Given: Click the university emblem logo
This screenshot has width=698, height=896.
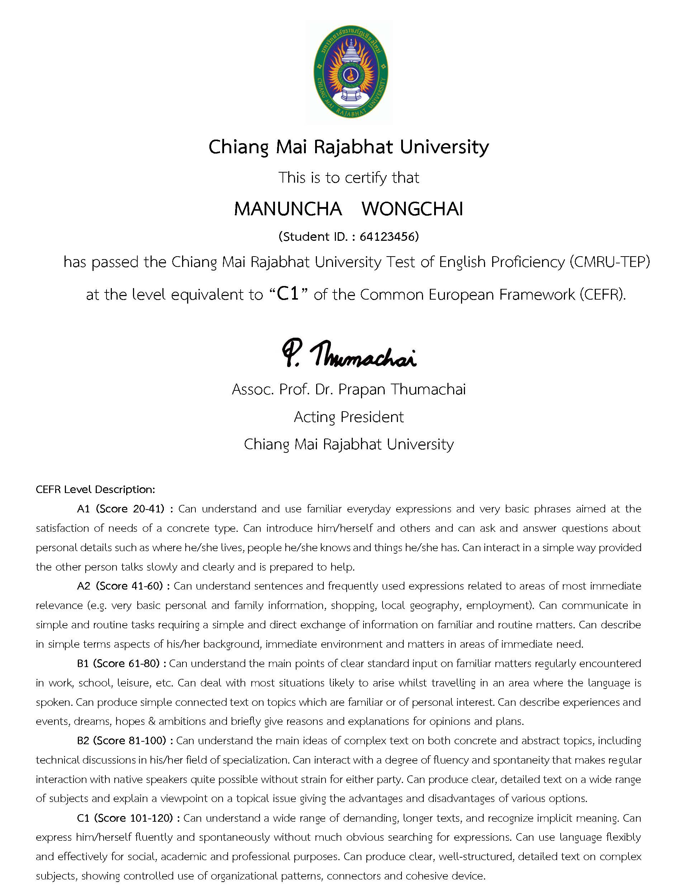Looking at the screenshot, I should pyautogui.click(x=349, y=72).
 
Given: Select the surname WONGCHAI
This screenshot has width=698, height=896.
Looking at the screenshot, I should pyautogui.click(x=412, y=209).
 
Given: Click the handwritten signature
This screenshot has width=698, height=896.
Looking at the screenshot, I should pyautogui.click(x=349, y=354).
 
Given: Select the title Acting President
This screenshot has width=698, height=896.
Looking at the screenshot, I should pyautogui.click(x=349, y=417).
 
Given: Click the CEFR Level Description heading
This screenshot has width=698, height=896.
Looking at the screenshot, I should pyautogui.click(x=95, y=489).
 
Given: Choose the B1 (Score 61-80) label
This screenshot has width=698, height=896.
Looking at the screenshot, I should pyautogui.click(x=120, y=663).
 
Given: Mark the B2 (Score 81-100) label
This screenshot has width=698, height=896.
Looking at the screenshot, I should pyautogui.click(x=124, y=741).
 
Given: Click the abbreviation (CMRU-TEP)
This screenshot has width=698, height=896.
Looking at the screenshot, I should pyautogui.click(x=609, y=263).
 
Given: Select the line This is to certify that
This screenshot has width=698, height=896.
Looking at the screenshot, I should pyautogui.click(x=349, y=178).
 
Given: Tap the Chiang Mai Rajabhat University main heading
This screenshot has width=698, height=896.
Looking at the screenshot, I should pyautogui.click(x=349, y=147).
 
